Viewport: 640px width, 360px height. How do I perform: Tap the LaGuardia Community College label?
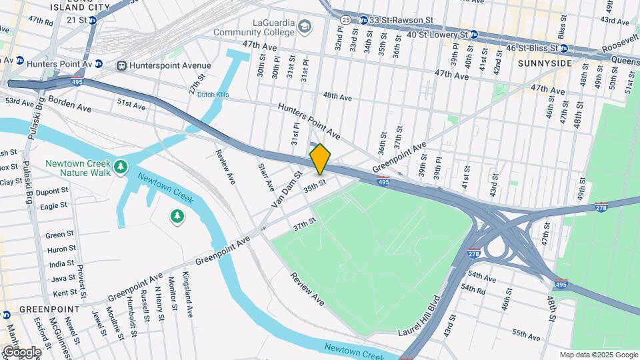pos(254,27)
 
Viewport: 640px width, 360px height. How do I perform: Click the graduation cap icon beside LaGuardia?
pos(305,26)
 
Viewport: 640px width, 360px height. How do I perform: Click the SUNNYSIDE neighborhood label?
pos(545,63)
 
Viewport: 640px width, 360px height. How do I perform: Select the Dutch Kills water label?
pos(213,95)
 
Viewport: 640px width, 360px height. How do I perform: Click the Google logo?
pos(21,352)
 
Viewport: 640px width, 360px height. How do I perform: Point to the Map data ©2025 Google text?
pos(599,355)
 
